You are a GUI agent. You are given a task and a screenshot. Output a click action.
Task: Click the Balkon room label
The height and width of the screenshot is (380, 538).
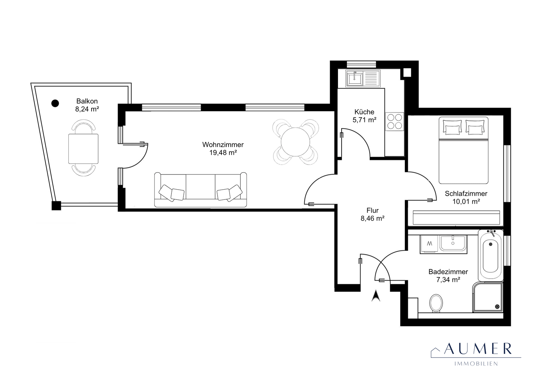87,101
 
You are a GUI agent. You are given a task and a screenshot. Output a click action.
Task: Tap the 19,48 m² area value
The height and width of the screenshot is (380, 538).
223,153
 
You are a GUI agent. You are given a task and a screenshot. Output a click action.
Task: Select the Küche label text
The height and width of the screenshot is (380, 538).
364,112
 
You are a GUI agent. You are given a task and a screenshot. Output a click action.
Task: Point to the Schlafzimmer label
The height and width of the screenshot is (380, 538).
466,194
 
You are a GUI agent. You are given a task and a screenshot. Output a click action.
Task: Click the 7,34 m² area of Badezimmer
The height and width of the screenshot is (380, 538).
448,280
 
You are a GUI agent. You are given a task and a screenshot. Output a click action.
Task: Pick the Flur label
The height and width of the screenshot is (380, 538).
373,210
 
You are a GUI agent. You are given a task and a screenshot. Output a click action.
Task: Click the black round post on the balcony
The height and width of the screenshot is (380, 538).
55,103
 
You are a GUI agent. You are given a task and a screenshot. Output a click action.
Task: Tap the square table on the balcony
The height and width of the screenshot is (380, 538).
83,149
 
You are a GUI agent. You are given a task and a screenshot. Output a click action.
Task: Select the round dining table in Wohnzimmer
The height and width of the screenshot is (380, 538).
295,142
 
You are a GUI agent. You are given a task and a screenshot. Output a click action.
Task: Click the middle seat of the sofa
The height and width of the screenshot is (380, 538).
200,187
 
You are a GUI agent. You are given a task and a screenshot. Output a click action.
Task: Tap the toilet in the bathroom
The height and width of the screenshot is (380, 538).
436,303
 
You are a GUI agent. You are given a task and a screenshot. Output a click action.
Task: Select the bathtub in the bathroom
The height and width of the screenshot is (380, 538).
490,255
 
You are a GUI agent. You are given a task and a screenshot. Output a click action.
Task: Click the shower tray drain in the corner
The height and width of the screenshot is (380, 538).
497,306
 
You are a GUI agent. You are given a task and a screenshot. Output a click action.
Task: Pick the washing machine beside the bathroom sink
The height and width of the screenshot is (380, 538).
430,244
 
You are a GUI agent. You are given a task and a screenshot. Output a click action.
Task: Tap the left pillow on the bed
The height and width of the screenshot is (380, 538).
452,127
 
